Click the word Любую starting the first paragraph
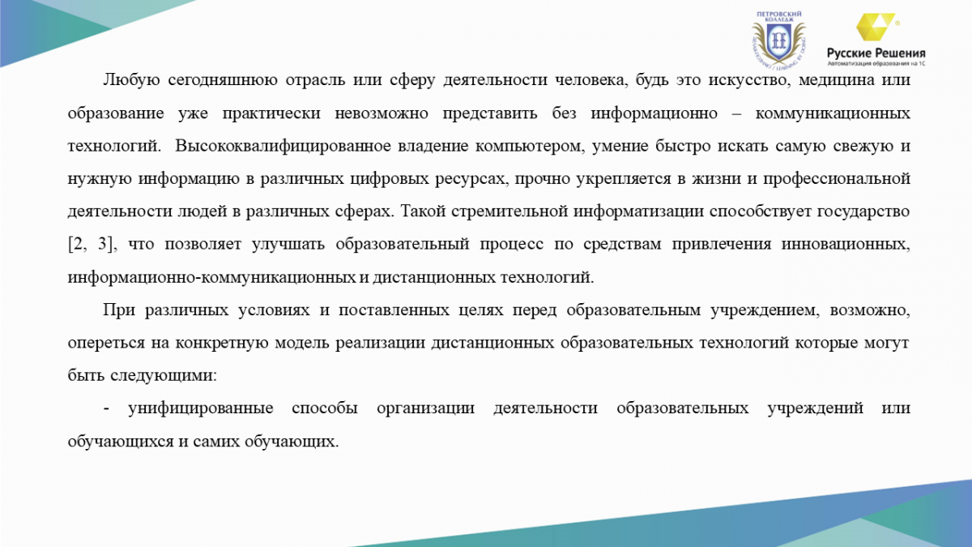[x=131, y=80]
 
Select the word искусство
[x=747, y=81]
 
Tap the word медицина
[x=836, y=81]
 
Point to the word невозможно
[x=382, y=113]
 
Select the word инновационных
[x=846, y=245]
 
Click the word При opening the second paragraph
[x=118, y=310]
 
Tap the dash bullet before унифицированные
[x=106, y=409]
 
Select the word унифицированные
[x=201, y=409]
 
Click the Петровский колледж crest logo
[x=779, y=40]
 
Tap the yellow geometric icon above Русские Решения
[x=876, y=27]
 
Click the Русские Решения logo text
[x=876, y=53]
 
